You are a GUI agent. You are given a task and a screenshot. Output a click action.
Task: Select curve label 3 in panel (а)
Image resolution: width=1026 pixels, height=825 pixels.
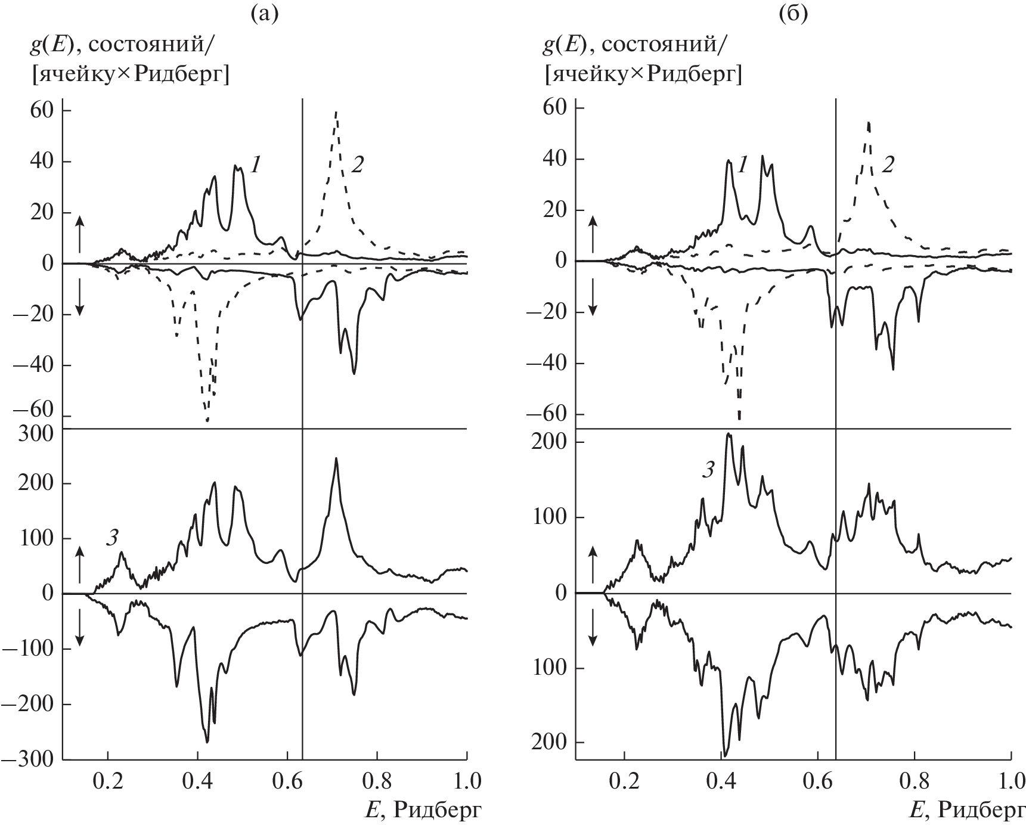[x=111, y=538]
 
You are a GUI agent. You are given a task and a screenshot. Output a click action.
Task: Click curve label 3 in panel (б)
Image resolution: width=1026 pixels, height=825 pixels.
[x=707, y=470]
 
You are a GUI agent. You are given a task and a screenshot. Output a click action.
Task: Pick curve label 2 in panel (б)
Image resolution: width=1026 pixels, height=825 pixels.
[x=888, y=165]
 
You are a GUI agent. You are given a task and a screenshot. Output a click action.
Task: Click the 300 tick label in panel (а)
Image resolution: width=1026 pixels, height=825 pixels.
[x=36, y=433]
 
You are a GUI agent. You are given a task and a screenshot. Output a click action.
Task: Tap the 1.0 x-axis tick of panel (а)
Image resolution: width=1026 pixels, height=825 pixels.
[x=466, y=780]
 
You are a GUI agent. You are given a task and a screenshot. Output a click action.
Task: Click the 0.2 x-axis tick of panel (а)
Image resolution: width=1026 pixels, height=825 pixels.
[x=108, y=780]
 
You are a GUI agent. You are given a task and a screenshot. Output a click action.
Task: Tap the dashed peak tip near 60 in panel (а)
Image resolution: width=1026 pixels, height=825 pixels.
[x=337, y=111]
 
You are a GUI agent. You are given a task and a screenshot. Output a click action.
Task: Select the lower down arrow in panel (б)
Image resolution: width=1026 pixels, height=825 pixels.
[x=593, y=632]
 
